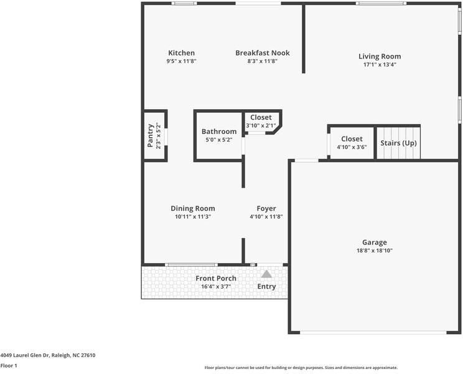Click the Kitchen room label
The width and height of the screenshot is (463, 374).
coord(181,53)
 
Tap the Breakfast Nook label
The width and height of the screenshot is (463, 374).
coord(262,53)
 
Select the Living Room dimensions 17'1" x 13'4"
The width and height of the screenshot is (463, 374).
coord(379,64)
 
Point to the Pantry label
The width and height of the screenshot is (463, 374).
coord(151,135)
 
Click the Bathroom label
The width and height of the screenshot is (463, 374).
coord(218,132)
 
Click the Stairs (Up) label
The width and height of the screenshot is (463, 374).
coord(398,143)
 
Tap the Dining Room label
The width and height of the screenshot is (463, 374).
coord(193,208)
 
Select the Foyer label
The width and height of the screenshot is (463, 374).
coord(266,208)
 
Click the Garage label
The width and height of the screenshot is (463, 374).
coord(375,242)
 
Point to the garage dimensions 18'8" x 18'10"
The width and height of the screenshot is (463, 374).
coord(375,251)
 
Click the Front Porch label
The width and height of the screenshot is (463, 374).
coord(216,278)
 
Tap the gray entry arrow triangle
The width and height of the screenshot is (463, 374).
coord(266,274)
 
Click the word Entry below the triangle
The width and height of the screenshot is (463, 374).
coord(266,287)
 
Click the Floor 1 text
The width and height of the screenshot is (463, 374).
coord(9,365)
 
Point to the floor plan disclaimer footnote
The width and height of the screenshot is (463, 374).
coord(301,368)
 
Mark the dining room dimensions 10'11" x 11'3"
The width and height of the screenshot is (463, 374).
coord(193,217)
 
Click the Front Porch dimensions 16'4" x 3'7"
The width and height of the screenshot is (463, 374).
coord(216,287)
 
